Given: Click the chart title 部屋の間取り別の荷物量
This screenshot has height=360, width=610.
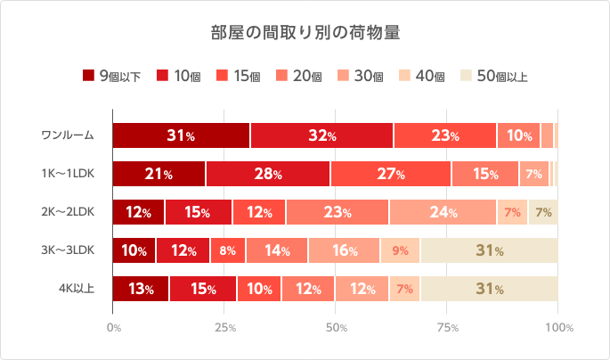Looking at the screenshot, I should [x=305, y=33].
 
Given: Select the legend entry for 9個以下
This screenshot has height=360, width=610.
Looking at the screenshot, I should [x=111, y=76].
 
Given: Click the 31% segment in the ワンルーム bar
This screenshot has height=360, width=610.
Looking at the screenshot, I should [x=181, y=135].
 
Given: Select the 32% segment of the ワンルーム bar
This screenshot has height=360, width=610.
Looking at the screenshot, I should [x=321, y=135].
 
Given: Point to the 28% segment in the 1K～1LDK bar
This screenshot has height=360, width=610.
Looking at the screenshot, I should [x=267, y=174].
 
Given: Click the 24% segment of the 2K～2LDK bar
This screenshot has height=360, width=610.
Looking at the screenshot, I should [x=443, y=212].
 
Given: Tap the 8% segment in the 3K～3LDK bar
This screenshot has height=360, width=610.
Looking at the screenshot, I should [x=227, y=250].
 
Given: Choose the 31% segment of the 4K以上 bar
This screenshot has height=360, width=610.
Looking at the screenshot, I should [x=489, y=289].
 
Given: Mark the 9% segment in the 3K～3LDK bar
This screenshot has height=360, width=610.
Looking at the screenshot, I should [x=400, y=250].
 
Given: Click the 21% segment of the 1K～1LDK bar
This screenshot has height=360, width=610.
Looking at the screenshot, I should [x=159, y=174].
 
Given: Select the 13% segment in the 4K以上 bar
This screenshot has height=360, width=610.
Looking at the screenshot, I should [x=141, y=289].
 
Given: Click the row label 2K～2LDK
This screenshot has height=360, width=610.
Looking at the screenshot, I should [x=66, y=212].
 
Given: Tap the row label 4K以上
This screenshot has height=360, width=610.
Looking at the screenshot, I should [x=75, y=289].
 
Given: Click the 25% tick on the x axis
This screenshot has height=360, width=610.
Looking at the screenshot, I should [x=224, y=328].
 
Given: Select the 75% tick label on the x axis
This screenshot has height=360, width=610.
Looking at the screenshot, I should [x=447, y=328].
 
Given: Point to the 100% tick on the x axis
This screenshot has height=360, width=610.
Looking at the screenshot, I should [x=558, y=328].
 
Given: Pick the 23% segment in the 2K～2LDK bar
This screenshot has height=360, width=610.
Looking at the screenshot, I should [x=338, y=212].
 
